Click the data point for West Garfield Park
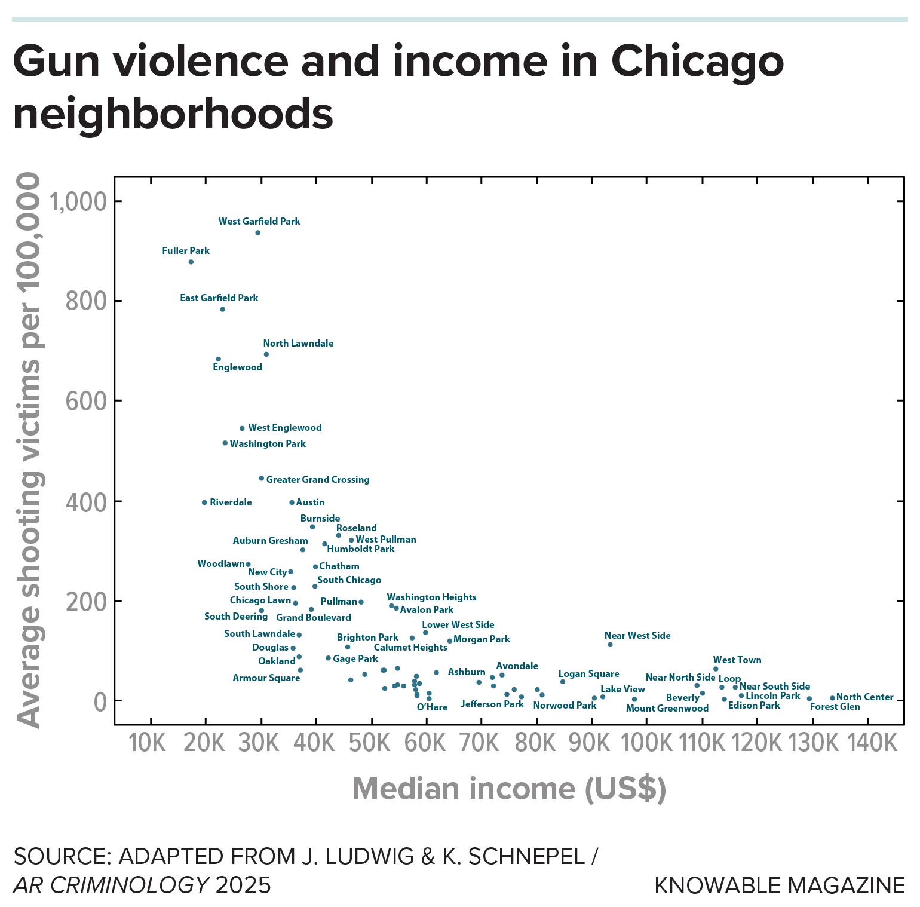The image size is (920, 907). tap(257, 232)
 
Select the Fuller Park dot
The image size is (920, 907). tap(191, 262)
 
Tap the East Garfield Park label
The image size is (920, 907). tap(219, 298)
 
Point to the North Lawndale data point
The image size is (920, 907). tap(266, 354)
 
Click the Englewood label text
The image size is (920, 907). tap(237, 367)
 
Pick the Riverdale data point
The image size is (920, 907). tap(204, 502)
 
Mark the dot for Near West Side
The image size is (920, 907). tap(609, 645)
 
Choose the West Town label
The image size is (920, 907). tap(737, 660)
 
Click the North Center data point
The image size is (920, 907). tap(832, 698)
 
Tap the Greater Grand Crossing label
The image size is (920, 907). tap(317, 479)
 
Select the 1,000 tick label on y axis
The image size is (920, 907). tap(78, 202)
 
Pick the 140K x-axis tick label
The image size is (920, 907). tap(872, 743)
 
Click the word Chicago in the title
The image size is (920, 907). tap(697, 61)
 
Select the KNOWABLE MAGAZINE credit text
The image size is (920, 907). tap(779, 885)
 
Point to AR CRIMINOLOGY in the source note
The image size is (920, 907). tap(111, 885)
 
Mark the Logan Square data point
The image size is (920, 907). tap(562, 682)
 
